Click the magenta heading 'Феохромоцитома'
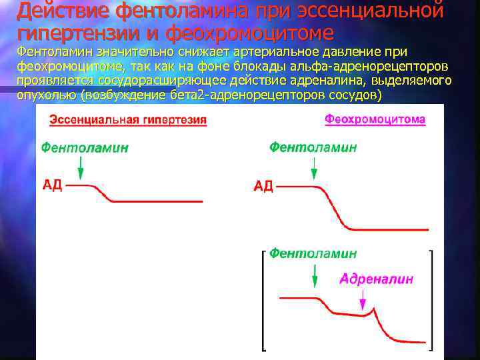pos(375,119)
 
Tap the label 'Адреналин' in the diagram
pos(376,279)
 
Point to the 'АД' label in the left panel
pos(53,185)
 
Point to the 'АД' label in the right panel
pos(263,186)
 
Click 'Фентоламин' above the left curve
pos(85,149)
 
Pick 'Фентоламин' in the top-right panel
pos(313,147)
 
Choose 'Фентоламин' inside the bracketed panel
pos(313,254)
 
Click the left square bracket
pos(264,300)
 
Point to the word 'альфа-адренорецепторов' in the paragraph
pos(378,67)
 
